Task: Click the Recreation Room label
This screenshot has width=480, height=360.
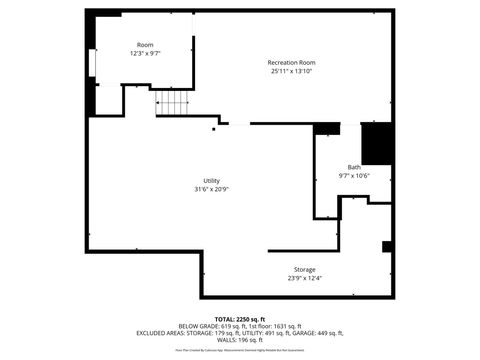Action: [291, 62]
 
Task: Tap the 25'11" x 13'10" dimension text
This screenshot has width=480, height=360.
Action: [291, 71]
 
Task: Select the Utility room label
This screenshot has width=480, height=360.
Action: [211, 180]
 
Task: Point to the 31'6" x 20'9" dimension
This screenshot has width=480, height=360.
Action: [211, 189]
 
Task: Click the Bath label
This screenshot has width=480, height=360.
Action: [354, 167]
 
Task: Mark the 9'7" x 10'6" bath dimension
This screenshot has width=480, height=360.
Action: [354, 176]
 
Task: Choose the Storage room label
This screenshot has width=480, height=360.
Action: [304, 270]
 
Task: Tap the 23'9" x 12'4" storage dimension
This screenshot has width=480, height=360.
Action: [304, 279]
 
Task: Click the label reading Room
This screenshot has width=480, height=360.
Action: [145, 45]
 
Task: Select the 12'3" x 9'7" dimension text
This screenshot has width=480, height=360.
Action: [145, 54]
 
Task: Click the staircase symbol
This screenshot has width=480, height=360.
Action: [172, 102]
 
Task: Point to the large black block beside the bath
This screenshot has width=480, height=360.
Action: [375, 143]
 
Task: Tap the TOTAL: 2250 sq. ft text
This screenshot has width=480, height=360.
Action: [240, 318]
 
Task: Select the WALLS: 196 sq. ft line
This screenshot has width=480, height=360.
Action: [240, 340]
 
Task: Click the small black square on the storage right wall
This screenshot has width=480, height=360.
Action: [387, 248]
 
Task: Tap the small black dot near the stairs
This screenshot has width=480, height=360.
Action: [213, 128]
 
